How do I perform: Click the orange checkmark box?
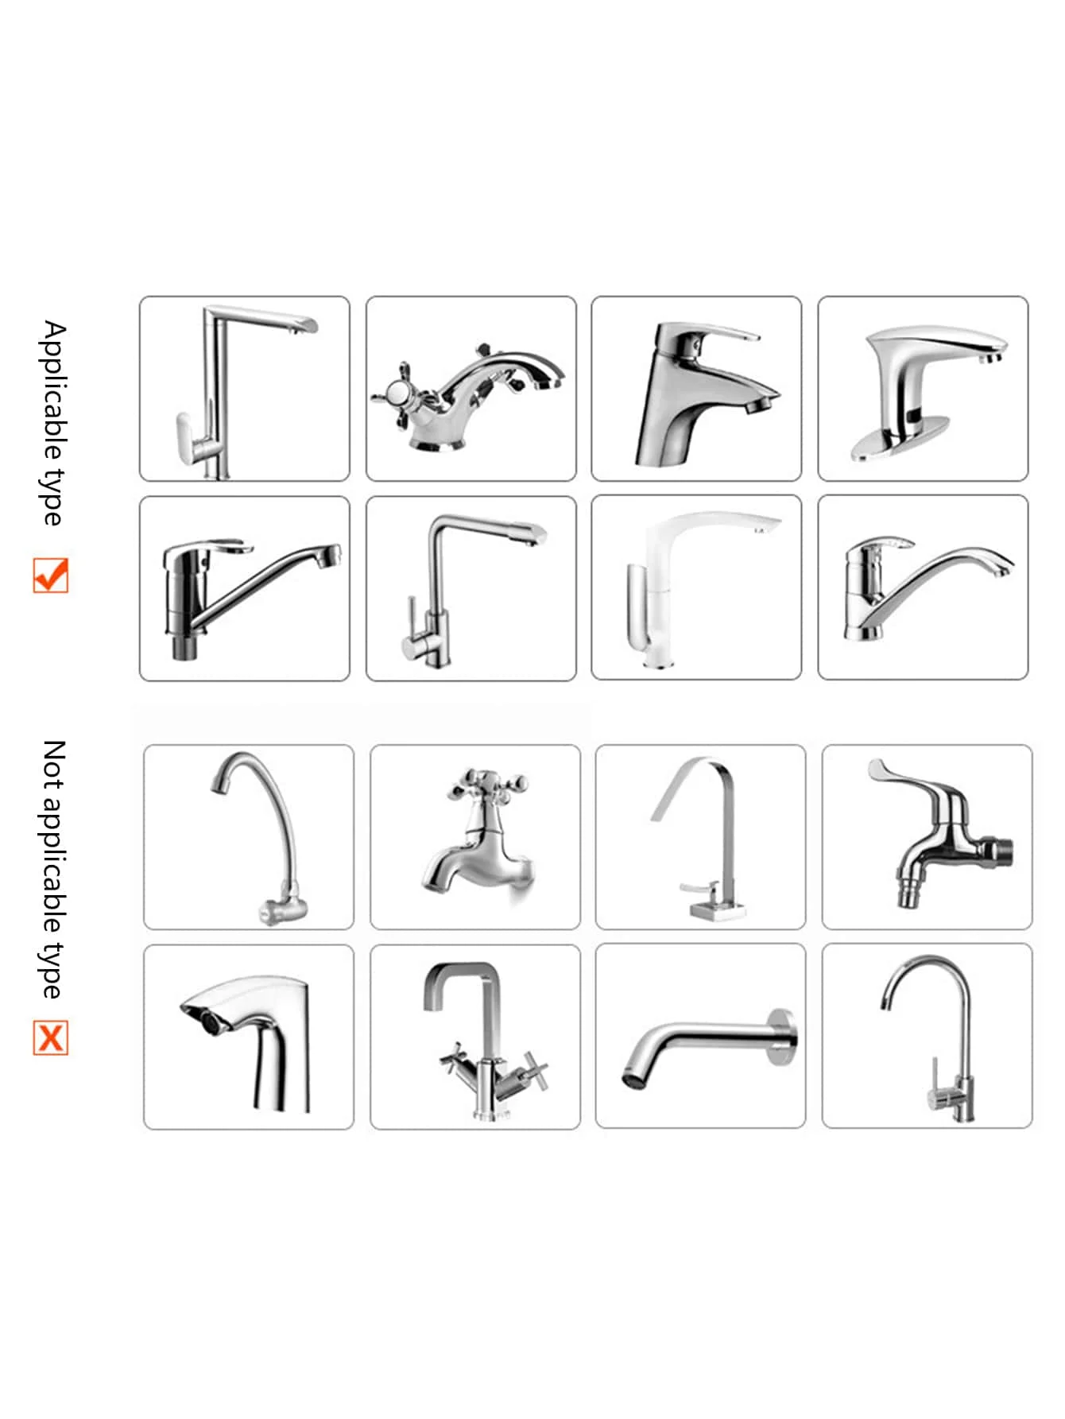click(x=51, y=575)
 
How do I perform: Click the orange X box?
click(x=51, y=1037)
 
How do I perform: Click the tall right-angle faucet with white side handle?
click(x=230, y=390)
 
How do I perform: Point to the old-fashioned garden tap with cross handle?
click(x=477, y=835)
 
